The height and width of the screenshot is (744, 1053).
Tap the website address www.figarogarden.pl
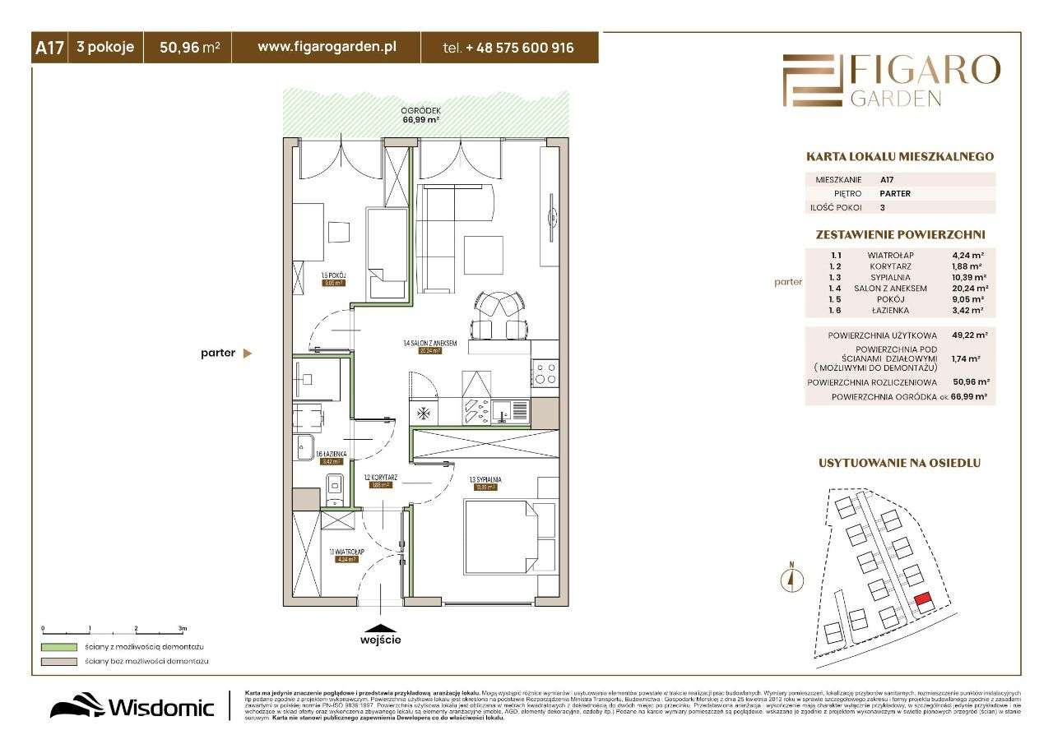tap(327, 48)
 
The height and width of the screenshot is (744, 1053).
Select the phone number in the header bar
tap(508, 49)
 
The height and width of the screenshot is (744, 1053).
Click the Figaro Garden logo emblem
tap(813, 81)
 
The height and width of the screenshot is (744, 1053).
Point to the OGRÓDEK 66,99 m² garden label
tap(422, 114)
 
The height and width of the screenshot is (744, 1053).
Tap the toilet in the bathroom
tap(333, 489)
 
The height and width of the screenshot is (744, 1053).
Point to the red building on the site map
tap(922, 602)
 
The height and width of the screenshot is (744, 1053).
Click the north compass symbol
tap(791, 579)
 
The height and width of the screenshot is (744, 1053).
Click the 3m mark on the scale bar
tap(183, 628)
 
